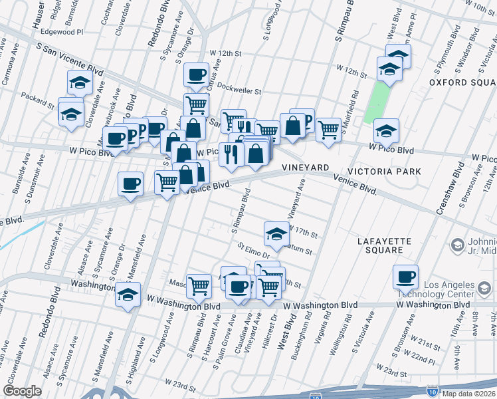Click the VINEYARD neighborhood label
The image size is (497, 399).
pyautogui.click(x=306, y=168)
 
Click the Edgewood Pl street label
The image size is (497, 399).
pyautogui.click(x=62, y=31)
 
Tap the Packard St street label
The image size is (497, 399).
pyautogui.click(x=38, y=100)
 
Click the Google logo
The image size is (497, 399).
pyautogui.click(x=22, y=391)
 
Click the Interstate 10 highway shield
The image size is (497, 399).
pyautogui.click(x=433, y=393)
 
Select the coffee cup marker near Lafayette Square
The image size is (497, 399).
pyautogui.click(x=405, y=277)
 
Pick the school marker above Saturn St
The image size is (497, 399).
pyautogui.click(x=276, y=233)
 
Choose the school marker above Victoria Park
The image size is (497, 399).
pyautogui.click(x=385, y=130)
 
